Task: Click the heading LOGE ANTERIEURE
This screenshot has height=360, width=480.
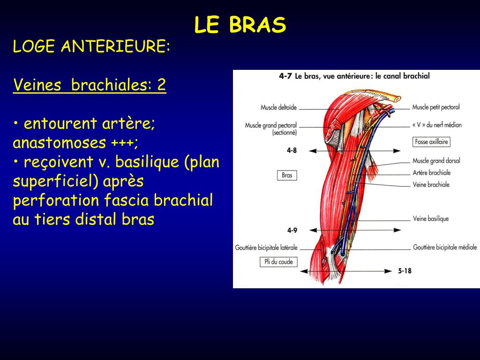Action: [91, 46]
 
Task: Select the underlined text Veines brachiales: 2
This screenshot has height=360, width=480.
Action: [90, 85]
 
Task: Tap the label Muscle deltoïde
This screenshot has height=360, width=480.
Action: [278, 108]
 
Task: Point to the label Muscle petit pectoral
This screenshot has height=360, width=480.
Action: [436, 107]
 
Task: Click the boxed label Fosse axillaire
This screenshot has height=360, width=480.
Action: [431, 142]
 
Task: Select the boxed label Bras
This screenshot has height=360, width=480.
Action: [287, 175]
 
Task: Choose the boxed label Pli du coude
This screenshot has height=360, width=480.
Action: [279, 262]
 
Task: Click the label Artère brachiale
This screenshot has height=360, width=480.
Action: [431, 172]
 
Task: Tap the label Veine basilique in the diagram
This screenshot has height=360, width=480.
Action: [430, 218]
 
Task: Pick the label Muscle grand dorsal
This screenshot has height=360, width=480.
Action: [436, 161]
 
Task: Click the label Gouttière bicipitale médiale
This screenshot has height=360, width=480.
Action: [444, 247]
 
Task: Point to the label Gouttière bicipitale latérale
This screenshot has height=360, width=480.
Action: [266, 247]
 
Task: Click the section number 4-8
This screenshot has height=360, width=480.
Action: [292, 150]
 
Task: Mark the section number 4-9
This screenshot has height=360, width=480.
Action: [292, 230]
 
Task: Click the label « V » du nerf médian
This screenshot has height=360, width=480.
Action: [437, 125]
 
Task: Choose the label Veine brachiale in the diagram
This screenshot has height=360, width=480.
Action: [431, 185]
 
